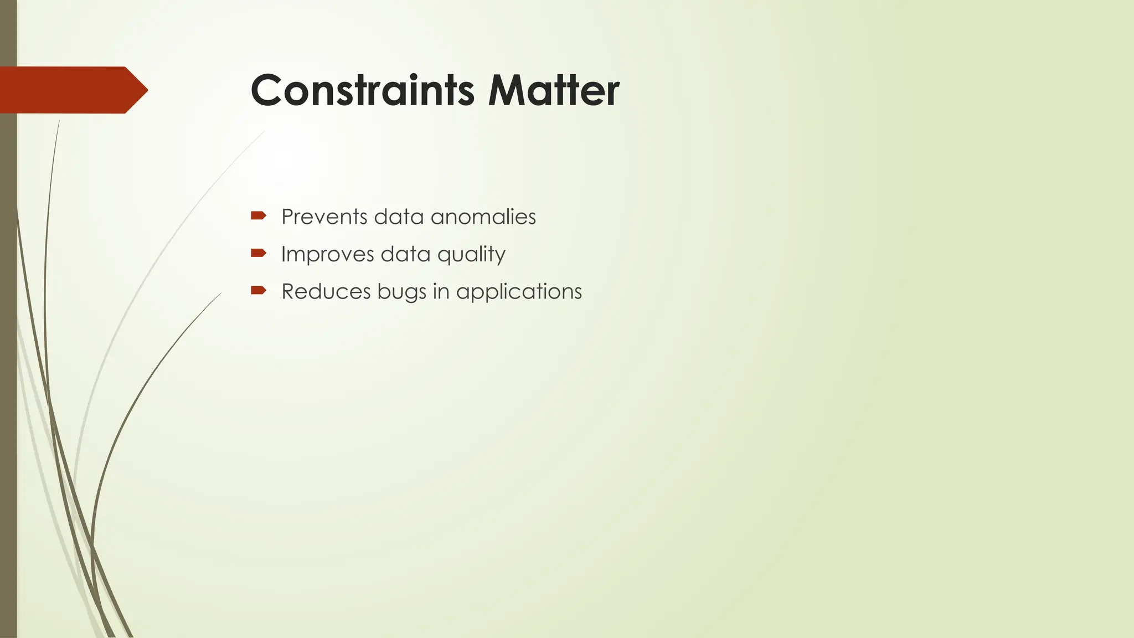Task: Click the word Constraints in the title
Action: [x=363, y=90]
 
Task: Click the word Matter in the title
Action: [x=553, y=90]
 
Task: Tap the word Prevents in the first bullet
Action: [x=324, y=217]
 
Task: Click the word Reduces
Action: [x=326, y=291]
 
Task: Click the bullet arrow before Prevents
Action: [x=259, y=215]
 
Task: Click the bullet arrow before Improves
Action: [x=259, y=253]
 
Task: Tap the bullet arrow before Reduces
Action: [x=259, y=290]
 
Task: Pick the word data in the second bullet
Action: [x=405, y=254]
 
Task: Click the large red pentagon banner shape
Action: [x=66, y=90]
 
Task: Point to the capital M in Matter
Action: [x=508, y=90]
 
